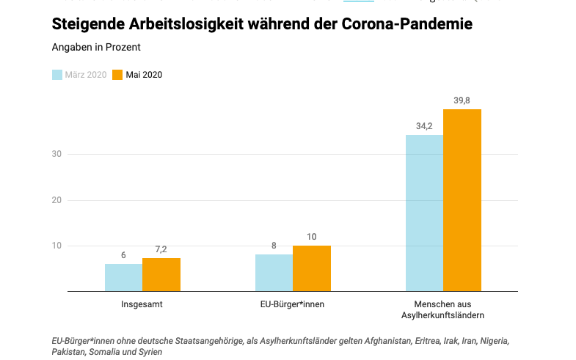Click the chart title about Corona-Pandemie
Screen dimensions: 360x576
(262, 24)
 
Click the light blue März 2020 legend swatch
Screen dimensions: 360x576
(57, 74)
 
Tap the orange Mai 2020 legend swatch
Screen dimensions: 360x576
(117, 74)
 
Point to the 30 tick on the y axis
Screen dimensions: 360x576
(56, 154)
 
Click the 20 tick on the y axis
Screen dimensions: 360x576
(56, 200)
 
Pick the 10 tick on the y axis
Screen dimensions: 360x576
(56, 246)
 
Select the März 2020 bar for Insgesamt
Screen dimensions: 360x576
(123, 277)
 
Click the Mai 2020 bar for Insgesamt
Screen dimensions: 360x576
(161, 274)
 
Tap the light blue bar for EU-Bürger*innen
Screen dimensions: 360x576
(274, 273)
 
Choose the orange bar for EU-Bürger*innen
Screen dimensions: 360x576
(312, 268)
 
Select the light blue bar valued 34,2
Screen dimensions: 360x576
(424, 213)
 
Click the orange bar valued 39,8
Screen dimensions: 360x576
(462, 200)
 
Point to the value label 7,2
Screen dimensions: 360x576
(161, 250)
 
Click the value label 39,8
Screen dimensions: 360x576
(462, 100)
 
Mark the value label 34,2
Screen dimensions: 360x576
(424, 125)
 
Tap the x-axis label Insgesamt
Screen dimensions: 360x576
(142, 304)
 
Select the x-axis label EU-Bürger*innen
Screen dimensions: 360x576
(293, 304)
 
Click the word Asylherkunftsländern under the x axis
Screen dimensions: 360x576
(443, 315)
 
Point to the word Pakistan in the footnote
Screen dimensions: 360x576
(69, 352)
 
